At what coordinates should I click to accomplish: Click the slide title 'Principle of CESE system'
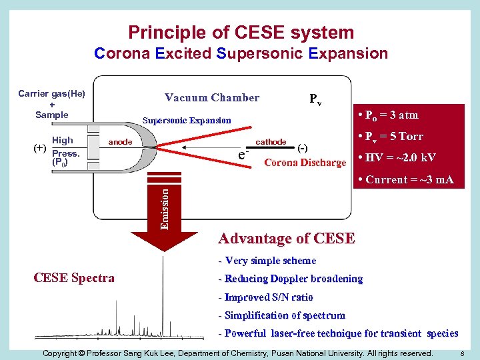pyautogui.click(x=241, y=32)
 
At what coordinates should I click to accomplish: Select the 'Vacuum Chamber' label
pyautogui.click(x=212, y=98)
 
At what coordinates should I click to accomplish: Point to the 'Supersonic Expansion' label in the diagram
pyautogui.click(x=187, y=121)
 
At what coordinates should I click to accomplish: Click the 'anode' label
pyautogui.click(x=120, y=142)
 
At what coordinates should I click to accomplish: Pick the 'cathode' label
pyautogui.click(x=271, y=142)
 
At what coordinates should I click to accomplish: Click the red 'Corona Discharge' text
pyautogui.click(x=305, y=163)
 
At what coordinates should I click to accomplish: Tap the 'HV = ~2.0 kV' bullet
pyautogui.click(x=397, y=158)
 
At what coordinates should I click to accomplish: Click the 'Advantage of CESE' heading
pyautogui.click(x=287, y=238)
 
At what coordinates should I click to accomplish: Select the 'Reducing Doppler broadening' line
pyautogui.click(x=291, y=279)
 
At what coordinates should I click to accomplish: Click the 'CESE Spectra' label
pyautogui.click(x=73, y=278)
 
